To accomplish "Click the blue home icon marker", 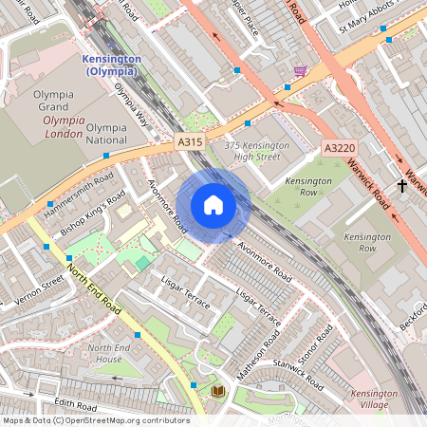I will point(213,205).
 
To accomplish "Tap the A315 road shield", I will point(191,141).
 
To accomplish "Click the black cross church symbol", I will point(402,186).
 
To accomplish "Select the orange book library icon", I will point(217,390).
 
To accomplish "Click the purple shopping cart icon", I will point(300,72).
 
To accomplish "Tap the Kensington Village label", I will point(374,399).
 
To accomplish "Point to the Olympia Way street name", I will point(132,105).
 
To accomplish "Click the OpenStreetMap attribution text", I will point(95,420).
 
